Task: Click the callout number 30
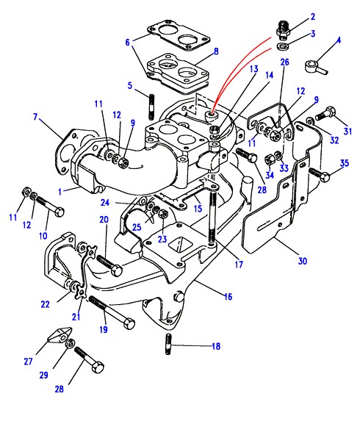click(x=303, y=261)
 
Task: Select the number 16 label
click(x=228, y=297)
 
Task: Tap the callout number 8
click(x=216, y=51)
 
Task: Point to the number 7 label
click(x=35, y=117)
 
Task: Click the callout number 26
click(x=284, y=62)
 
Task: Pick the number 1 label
click(x=60, y=192)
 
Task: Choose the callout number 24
click(x=105, y=203)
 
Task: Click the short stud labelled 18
click(x=168, y=344)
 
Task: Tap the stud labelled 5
click(x=151, y=107)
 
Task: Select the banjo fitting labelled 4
click(x=316, y=67)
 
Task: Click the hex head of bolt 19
click(x=129, y=323)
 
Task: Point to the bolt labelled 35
click(x=320, y=175)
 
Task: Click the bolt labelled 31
click(x=325, y=114)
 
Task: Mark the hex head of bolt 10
click(x=60, y=212)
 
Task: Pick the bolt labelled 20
click(x=109, y=265)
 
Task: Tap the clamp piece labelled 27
click(x=60, y=335)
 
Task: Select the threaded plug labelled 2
click(x=283, y=29)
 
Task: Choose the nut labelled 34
click(x=270, y=161)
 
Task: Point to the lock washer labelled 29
click(x=71, y=343)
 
